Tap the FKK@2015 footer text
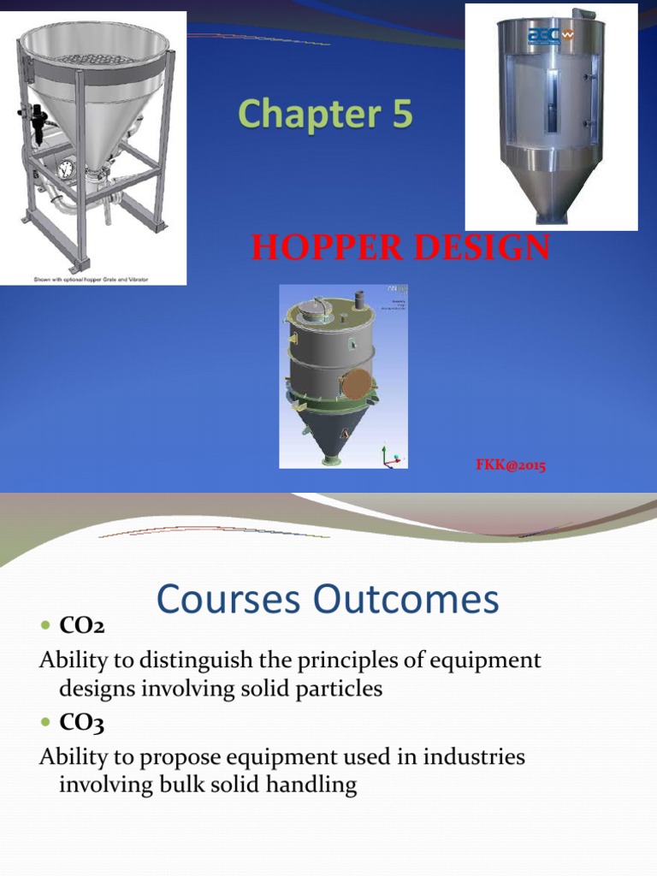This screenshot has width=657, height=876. [x=512, y=465]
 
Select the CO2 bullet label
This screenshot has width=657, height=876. [x=81, y=627]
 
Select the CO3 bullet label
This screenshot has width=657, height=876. [x=81, y=725]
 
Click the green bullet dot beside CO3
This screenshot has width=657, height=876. [x=46, y=725]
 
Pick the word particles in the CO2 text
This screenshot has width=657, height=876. [x=336, y=690]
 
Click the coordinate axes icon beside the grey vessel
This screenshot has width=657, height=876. [x=391, y=457]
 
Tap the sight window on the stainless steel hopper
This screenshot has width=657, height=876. [x=549, y=102]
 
